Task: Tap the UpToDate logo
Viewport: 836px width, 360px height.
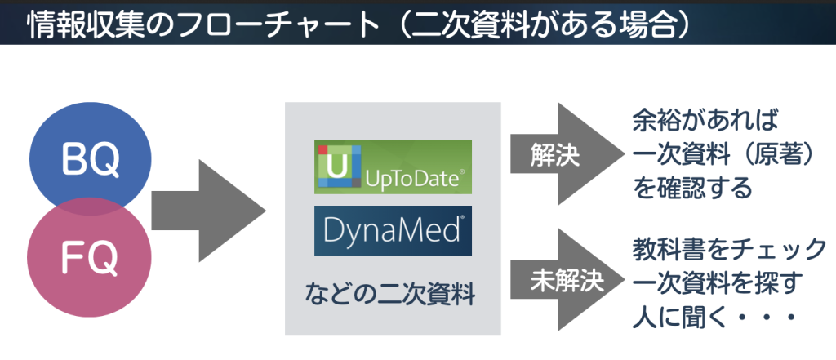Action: tap(393, 167)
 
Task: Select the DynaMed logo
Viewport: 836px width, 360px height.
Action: tap(393, 231)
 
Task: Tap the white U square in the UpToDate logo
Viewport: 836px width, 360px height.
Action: tap(335, 167)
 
